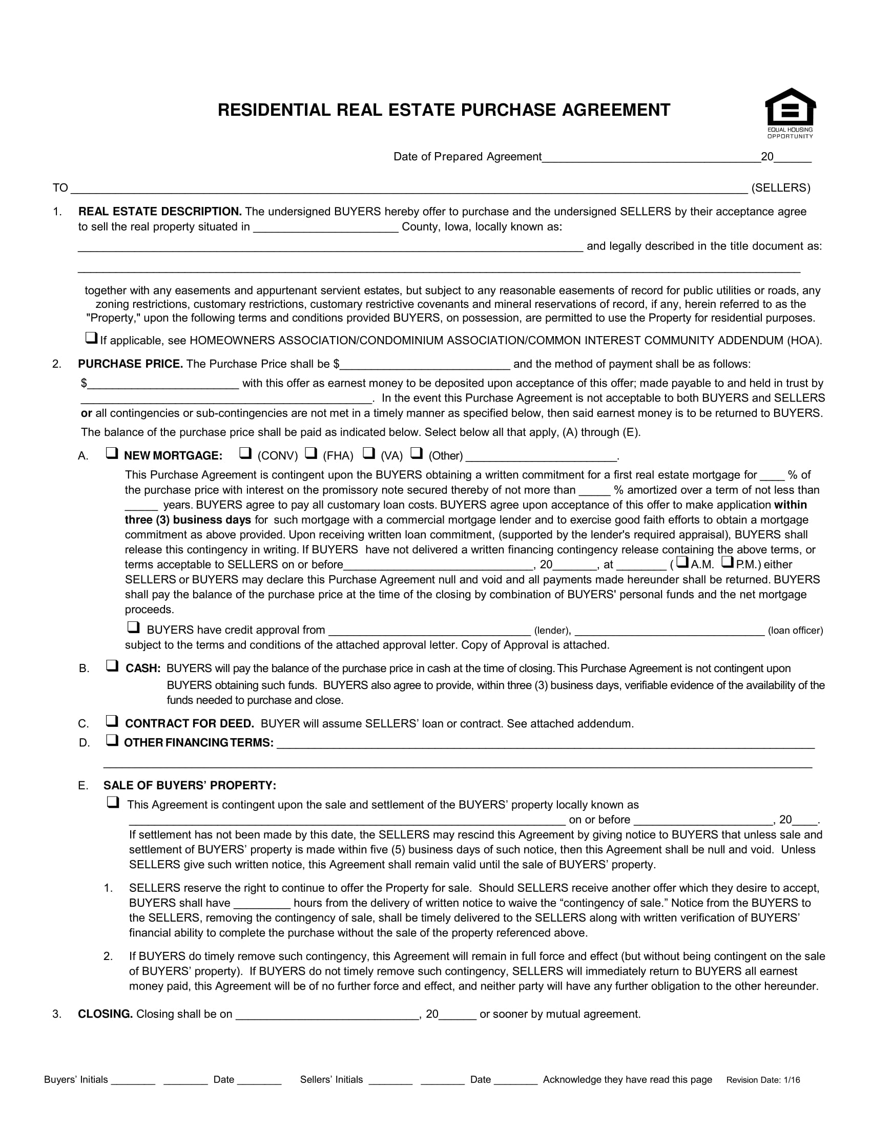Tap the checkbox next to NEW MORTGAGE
coord(112,453)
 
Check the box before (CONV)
coord(245,453)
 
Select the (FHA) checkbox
coord(310,453)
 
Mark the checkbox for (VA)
coord(368,453)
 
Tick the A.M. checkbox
coord(682,562)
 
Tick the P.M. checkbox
coord(728,562)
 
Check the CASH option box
coord(112,666)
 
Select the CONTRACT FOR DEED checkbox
coord(112,721)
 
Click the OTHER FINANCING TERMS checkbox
coord(112,741)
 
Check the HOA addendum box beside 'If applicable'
coord(91,339)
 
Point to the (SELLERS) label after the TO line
coord(781,188)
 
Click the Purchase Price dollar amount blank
coord(425,364)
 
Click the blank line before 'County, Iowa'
coord(325,227)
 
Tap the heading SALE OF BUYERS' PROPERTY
coord(190,785)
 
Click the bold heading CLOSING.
coord(105,1014)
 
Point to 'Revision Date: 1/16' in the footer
coord(763,1080)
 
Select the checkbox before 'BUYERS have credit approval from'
coord(133,628)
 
